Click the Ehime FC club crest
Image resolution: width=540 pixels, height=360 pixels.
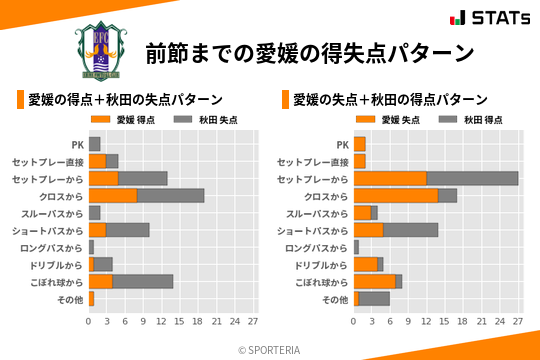tap(101, 49)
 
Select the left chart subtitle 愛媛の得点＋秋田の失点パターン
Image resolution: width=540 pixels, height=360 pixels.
tap(124, 100)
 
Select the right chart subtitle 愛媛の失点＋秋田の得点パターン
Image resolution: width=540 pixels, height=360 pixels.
tap(389, 100)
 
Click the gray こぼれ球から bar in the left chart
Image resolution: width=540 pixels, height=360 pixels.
tap(143, 281)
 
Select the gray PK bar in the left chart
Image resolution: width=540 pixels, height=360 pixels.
tap(94, 144)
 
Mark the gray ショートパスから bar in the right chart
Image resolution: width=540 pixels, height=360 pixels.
tap(410, 230)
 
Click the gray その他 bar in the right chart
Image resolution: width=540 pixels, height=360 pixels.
tap(374, 298)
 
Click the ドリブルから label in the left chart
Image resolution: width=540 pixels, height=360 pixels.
tap(56, 265)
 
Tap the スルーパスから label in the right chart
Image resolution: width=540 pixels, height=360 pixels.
tap(317, 213)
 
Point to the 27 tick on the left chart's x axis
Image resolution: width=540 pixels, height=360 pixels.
tap(253, 322)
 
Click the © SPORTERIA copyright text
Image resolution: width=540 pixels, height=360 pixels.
tap(269, 349)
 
